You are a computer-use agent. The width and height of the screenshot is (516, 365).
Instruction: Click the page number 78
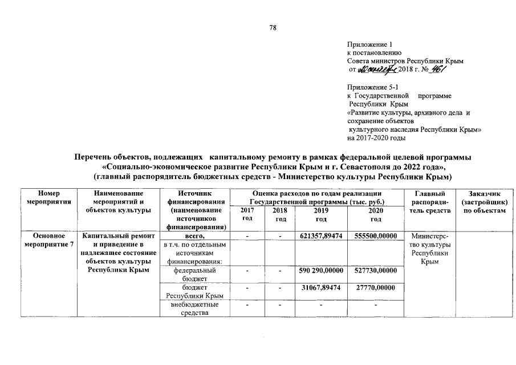(273, 27)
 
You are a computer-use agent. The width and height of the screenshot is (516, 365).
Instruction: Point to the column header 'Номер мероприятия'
(48, 198)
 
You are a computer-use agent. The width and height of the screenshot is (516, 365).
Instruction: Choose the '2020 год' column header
(375, 214)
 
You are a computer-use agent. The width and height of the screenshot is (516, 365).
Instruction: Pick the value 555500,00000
(375, 236)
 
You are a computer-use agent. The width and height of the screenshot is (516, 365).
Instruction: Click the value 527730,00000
(375, 270)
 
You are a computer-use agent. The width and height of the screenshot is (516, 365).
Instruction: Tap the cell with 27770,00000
(375, 288)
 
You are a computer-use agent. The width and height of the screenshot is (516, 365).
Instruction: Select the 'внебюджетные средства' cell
(194, 309)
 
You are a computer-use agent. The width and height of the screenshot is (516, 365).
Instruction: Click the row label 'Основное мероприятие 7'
(48, 240)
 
